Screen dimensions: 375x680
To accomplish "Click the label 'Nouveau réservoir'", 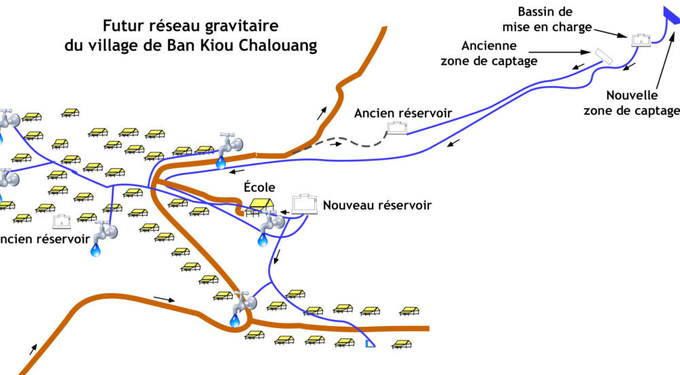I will tap(377, 205).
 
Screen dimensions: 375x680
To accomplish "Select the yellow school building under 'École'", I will tap(261, 204).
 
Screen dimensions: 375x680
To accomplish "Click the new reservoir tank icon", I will tap(305, 203).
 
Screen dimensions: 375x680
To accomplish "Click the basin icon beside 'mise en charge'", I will tap(640, 40).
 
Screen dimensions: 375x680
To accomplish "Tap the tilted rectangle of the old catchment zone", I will tap(603, 56).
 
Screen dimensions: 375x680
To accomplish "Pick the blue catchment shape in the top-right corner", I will tap(671, 16).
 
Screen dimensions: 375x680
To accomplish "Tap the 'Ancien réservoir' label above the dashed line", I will tap(403, 112).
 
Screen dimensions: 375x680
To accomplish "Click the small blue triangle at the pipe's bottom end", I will tap(370, 344).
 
